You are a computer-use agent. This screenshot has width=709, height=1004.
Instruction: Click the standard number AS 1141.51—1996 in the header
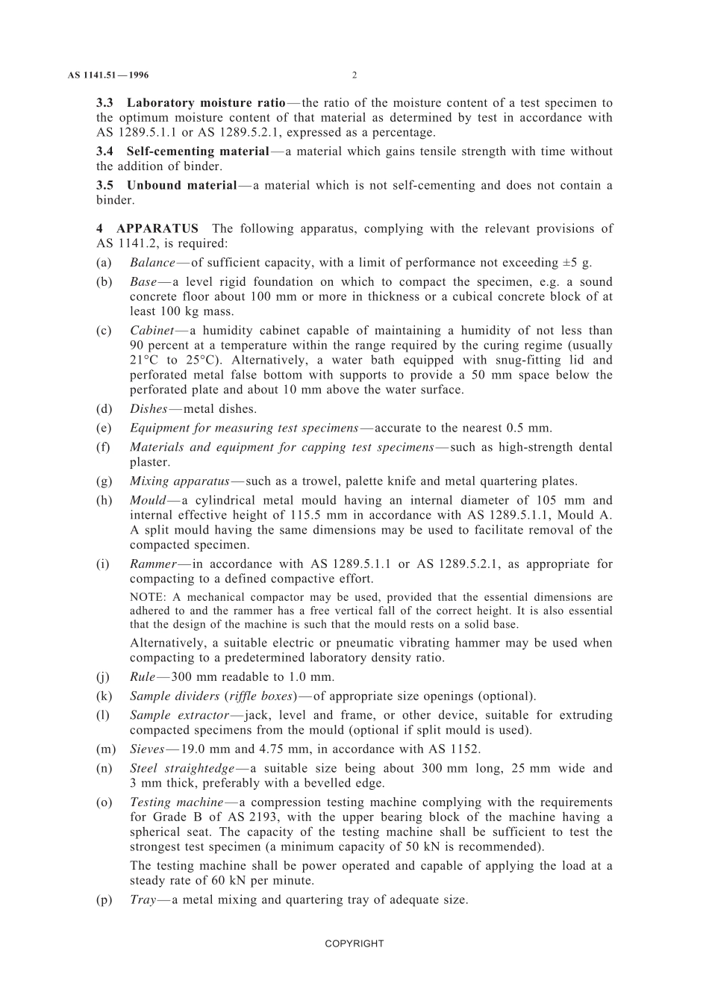pyautogui.click(x=108, y=75)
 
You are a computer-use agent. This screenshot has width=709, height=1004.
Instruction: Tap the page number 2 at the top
pyautogui.click(x=354, y=75)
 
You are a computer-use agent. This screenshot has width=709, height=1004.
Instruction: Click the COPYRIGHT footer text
pyautogui.click(x=354, y=944)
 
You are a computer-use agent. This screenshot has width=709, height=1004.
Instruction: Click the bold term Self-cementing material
pyautogui.click(x=198, y=152)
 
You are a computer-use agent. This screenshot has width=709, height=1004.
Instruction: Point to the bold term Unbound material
pyautogui.click(x=181, y=185)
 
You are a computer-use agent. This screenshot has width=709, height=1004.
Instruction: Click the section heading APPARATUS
pyautogui.click(x=157, y=229)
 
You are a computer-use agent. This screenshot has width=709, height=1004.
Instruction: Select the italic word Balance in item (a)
pyautogui.click(x=152, y=263)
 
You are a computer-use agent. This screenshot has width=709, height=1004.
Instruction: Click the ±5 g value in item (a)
pyautogui.click(x=575, y=263)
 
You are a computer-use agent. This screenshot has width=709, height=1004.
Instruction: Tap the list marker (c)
pyautogui.click(x=104, y=331)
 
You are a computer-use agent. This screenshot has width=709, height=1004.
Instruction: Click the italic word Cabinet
pyautogui.click(x=152, y=331)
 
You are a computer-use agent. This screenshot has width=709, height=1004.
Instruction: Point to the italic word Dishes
pyautogui.click(x=149, y=409)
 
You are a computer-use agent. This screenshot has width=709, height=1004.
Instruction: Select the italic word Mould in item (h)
pyautogui.click(x=148, y=500)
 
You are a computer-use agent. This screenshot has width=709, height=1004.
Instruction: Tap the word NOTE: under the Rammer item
pyautogui.click(x=149, y=597)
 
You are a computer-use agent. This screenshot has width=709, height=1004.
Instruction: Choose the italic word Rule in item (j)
pyautogui.click(x=143, y=677)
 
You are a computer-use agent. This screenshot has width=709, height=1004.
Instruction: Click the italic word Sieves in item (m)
pyautogui.click(x=147, y=749)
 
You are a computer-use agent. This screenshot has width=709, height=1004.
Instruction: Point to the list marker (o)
pyautogui.click(x=104, y=802)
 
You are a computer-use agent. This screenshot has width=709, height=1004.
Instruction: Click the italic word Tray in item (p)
pyautogui.click(x=143, y=900)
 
